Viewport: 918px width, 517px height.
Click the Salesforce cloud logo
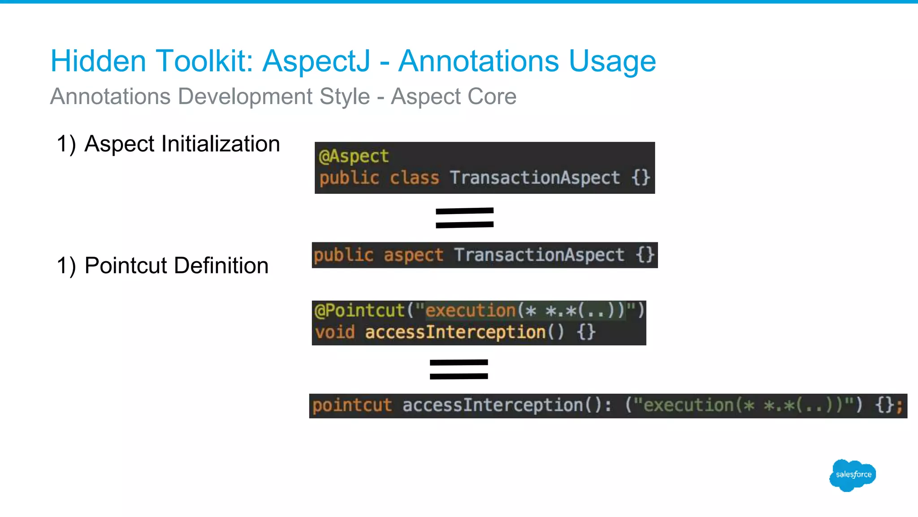853,475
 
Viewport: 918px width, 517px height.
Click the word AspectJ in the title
316,61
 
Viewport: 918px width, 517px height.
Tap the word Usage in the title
612,61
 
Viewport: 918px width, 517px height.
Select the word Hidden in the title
98,61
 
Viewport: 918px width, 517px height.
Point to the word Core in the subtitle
492,96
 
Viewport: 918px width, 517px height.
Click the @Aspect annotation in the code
354,156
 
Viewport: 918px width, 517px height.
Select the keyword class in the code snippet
414,178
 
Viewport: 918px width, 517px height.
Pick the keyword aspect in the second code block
413,255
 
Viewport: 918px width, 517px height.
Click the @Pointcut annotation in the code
359,311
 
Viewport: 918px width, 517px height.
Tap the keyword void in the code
335,333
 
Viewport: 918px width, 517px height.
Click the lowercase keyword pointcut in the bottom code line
352,406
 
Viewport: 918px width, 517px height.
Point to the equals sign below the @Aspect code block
464,218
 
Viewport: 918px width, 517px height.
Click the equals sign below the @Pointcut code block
459,369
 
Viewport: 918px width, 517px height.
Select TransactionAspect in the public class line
535,178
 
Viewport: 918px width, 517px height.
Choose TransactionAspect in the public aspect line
539,255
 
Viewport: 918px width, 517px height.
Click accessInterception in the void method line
455,333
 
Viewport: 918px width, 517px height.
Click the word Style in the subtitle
344,96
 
